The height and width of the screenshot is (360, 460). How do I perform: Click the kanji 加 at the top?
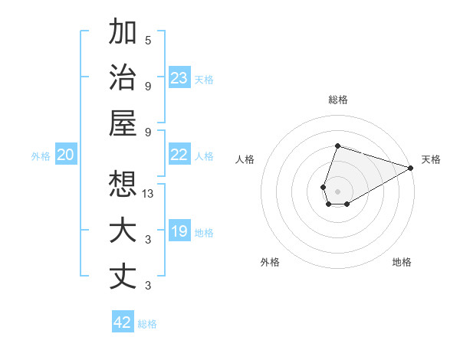123,33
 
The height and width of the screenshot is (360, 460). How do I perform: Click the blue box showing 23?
179,78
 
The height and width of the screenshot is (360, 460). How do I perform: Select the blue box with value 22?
179,155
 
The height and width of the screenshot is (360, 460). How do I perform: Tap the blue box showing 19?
179,231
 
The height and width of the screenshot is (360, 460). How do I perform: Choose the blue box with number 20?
65,155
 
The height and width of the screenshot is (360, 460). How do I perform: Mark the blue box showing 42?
122,322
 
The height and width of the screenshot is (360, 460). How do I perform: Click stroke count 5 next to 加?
148,40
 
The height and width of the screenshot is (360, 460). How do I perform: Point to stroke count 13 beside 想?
148,193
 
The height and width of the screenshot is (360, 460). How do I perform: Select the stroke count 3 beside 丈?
148,286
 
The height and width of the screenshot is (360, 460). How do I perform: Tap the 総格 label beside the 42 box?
147,324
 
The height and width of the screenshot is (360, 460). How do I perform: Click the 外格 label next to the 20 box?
41,156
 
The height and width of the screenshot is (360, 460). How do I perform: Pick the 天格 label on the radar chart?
431,159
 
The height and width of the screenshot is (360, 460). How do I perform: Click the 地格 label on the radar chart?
402,262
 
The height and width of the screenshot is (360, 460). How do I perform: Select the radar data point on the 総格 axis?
337,146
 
